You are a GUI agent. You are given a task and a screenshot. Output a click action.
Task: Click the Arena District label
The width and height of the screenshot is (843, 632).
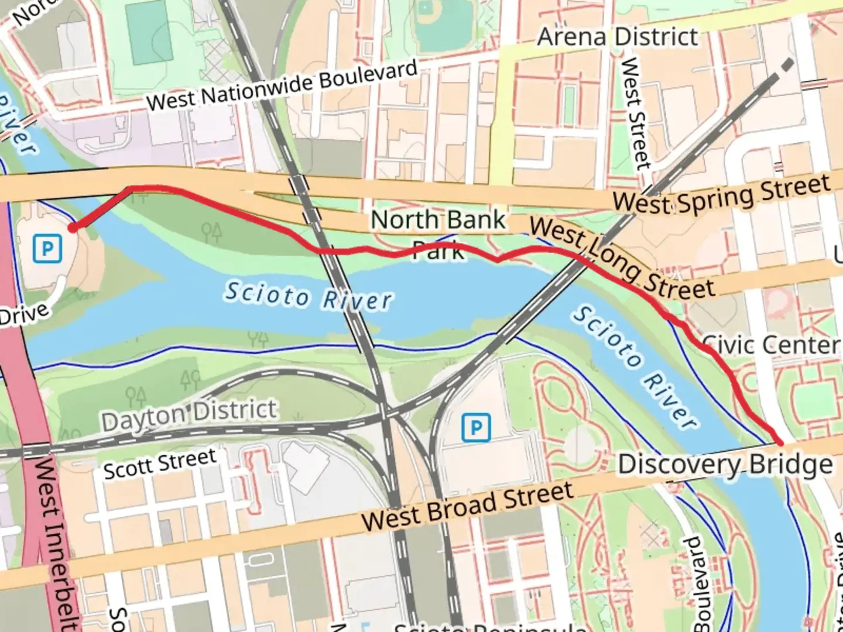tap(618, 37)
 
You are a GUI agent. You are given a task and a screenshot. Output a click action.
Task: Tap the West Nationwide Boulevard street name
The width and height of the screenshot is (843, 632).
tap(282, 85)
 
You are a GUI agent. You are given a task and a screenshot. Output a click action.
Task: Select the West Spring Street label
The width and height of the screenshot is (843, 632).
tap(721, 194)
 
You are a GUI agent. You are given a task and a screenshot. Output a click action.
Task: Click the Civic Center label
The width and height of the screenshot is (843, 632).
tap(770, 345)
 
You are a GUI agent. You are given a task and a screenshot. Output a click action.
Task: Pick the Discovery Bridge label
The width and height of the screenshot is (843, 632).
tap(725, 465)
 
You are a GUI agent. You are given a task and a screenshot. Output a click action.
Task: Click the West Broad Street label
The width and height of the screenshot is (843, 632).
tap(467, 506)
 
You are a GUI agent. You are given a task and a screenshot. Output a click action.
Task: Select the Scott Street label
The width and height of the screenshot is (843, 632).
tap(160, 463)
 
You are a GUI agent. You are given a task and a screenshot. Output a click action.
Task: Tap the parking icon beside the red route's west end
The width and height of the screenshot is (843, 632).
tap(47, 249)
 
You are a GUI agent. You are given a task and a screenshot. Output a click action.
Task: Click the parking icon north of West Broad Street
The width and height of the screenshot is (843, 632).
tap(476, 427)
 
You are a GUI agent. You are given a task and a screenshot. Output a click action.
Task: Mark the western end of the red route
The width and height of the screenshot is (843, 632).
tap(73, 228)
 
